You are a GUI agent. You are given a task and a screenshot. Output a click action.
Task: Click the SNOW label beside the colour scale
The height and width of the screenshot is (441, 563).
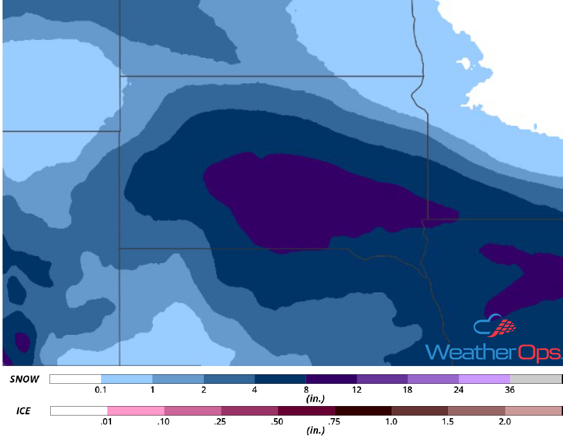tap(24, 379)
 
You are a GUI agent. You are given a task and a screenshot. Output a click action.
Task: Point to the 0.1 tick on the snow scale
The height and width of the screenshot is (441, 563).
tap(100, 390)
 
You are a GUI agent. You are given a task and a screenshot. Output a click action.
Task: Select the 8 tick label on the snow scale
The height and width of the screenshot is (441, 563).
tap(305, 390)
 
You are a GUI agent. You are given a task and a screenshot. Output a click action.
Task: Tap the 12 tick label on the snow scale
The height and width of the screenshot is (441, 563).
tap(356, 390)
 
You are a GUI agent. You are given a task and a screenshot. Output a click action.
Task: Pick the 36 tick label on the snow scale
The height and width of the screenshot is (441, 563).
tap(510, 390)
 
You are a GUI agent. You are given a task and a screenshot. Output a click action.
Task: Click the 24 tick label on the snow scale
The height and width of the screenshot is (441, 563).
tap(459, 390)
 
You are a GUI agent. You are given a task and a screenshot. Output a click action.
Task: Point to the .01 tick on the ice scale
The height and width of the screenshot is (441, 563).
tap(107, 421)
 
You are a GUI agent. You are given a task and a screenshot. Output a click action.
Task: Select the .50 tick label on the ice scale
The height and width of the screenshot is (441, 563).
tap(278, 421)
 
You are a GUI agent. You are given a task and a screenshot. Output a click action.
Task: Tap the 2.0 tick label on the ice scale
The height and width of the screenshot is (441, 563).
tap(505, 421)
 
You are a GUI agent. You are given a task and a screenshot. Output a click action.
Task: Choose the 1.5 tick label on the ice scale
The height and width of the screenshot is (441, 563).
tap(448, 421)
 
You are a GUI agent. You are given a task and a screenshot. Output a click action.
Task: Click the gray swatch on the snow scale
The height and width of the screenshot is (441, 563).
tap(536, 379)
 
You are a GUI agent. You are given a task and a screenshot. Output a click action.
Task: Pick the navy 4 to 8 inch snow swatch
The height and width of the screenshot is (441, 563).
tap(280, 379)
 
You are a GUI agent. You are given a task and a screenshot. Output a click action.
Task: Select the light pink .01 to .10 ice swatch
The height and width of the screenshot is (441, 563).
tap(135, 411)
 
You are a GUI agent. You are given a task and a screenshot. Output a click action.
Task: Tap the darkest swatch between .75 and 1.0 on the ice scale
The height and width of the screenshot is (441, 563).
tap(363, 411)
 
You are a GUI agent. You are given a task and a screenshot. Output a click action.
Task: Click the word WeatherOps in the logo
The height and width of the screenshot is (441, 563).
tap(493, 352)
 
